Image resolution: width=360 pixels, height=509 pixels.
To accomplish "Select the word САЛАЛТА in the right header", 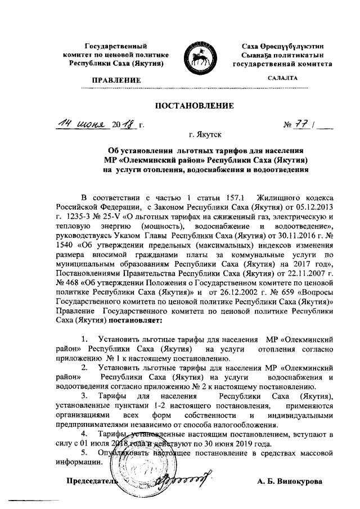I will coord(283,79).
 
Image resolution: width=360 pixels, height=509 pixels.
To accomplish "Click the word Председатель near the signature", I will coord(93,481).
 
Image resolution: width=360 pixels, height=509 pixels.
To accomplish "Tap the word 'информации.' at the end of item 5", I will coord(79,463).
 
